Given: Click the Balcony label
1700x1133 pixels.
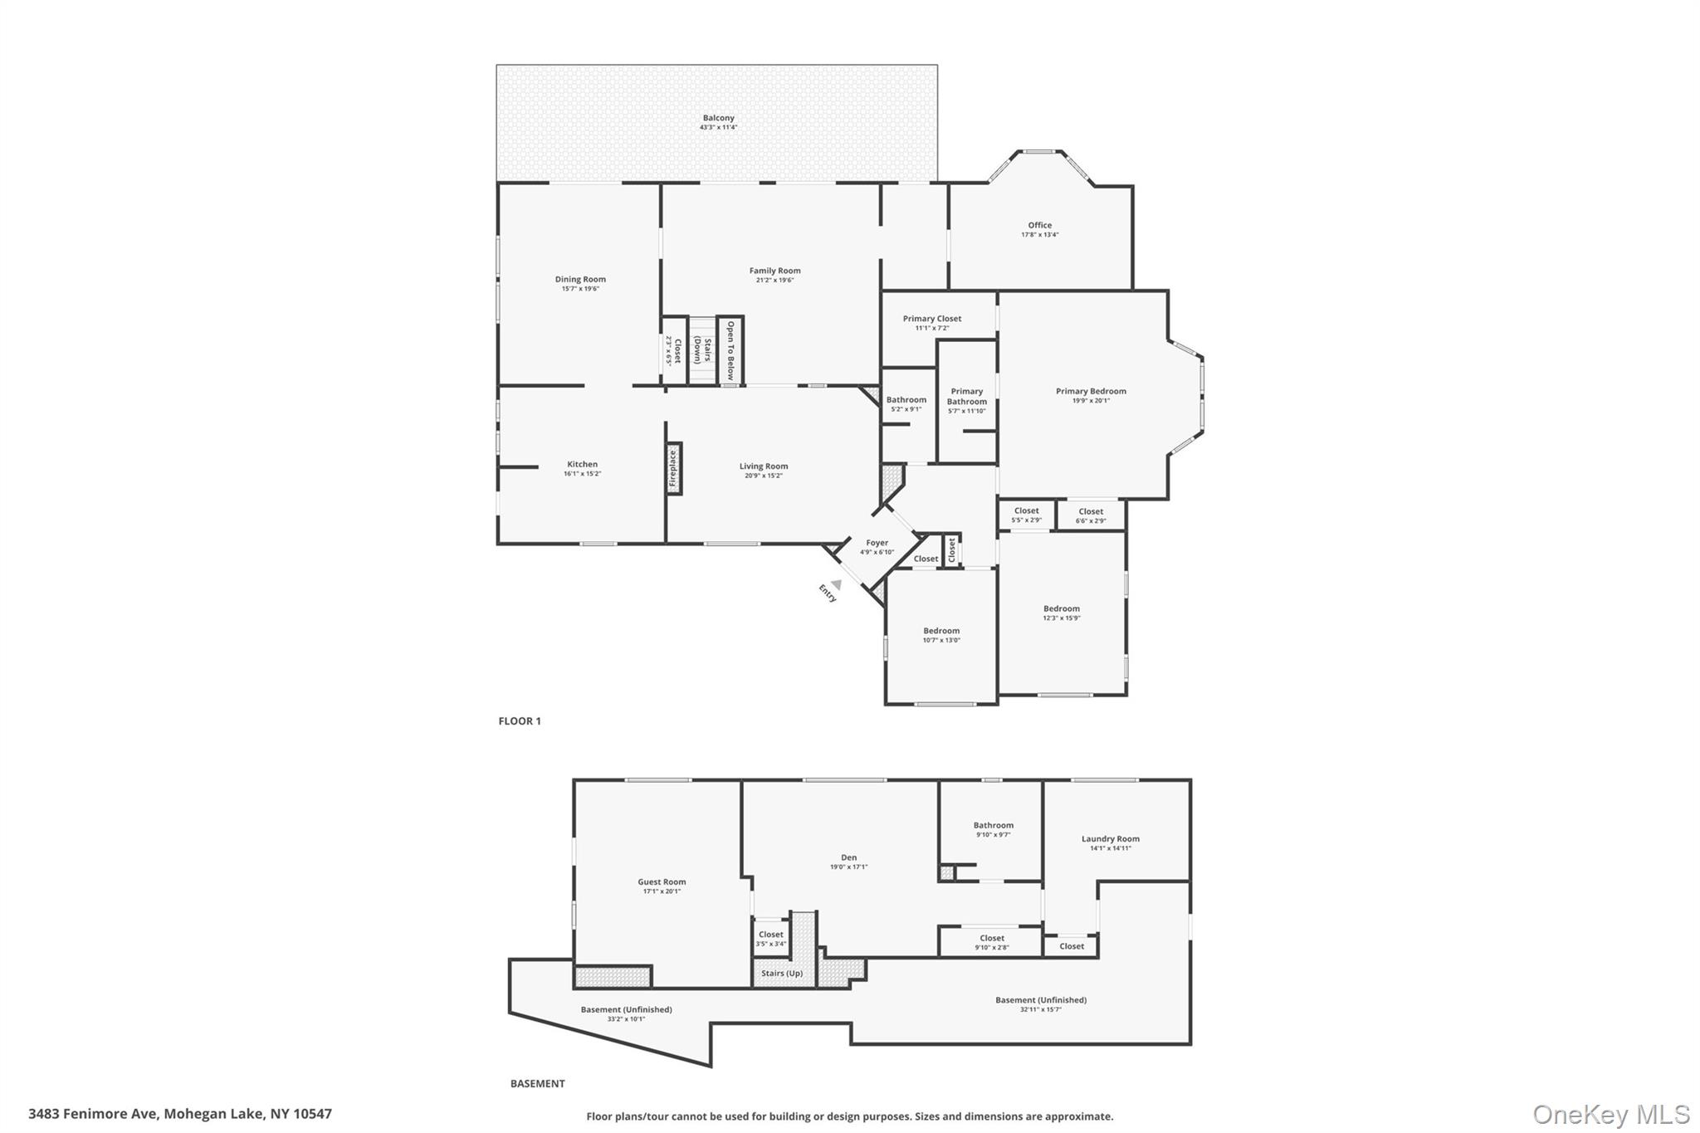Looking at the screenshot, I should tap(718, 118).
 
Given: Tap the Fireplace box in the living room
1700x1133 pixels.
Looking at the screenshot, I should tap(673, 469).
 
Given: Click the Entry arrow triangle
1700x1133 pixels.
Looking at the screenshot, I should tap(837, 584).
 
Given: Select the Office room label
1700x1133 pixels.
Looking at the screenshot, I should tap(1039, 225).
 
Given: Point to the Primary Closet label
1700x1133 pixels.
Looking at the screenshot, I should tap(932, 319).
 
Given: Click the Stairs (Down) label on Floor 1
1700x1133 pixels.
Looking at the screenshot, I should tap(703, 351).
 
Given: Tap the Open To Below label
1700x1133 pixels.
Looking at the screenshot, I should tap(730, 350).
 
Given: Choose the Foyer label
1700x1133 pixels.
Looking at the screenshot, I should tap(877, 543).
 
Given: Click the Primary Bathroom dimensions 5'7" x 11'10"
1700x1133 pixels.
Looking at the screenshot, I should tap(967, 411).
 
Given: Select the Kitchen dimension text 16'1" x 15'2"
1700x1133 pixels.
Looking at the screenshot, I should tap(582, 474).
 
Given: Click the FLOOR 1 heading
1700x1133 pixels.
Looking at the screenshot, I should tap(520, 721).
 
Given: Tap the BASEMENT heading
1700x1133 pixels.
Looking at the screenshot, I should tap(537, 1083).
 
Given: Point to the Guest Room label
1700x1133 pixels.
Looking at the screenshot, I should tap(662, 882).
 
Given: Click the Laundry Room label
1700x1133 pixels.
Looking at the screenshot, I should tap(1110, 839).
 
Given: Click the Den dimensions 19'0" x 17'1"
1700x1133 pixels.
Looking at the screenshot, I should tap(848, 867).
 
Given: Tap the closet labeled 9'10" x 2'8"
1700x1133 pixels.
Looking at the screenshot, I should tap(991, 942).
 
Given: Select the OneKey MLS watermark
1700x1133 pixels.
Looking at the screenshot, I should tap(1610, 1114).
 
